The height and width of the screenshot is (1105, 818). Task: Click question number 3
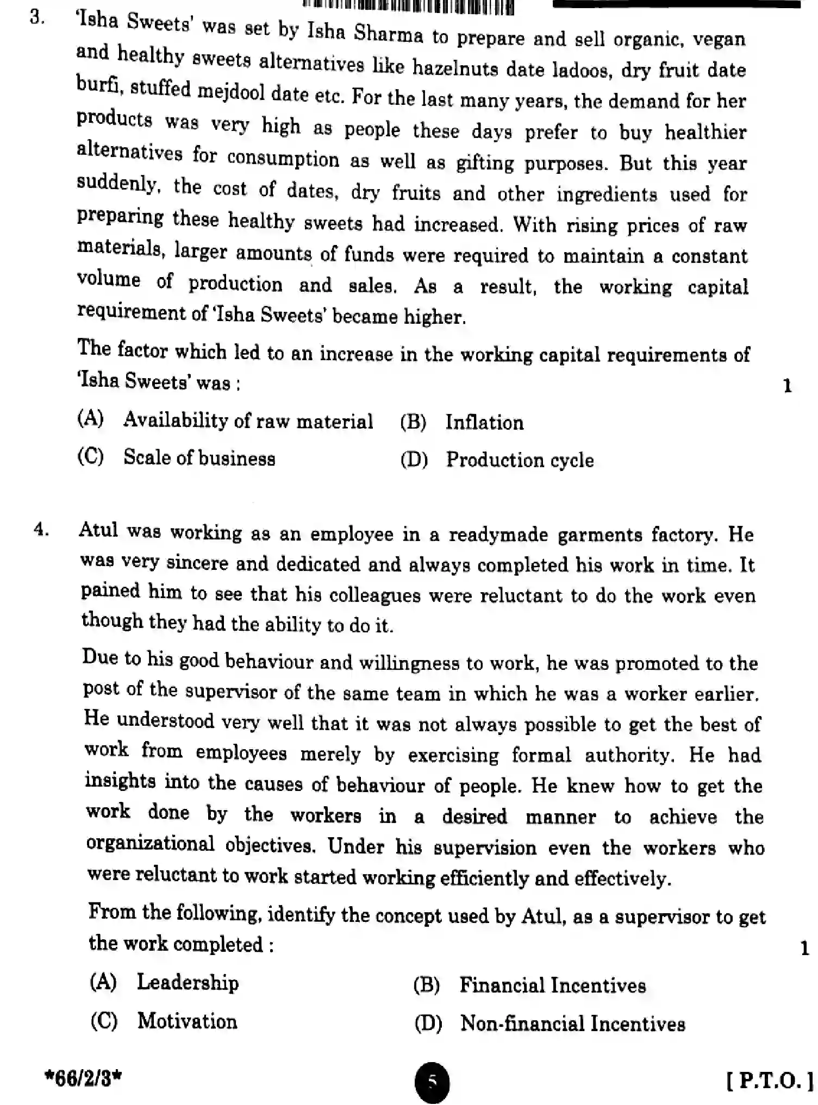(37, 18)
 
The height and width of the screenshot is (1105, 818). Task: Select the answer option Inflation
(484, 423)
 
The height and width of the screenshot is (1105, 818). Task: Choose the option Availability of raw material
(248, 421)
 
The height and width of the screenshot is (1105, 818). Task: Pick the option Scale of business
(199, 457)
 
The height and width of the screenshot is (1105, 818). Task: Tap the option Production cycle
(520, 460)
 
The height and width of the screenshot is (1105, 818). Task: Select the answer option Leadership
(188, 982)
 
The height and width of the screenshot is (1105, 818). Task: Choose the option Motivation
(187, 1021)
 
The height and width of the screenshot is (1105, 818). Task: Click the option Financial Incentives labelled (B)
(552, 985)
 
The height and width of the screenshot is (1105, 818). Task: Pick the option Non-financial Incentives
(572, 1024)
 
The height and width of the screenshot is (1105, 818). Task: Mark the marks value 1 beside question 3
(787, 386)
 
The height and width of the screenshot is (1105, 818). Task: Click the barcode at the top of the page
(408, 7)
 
